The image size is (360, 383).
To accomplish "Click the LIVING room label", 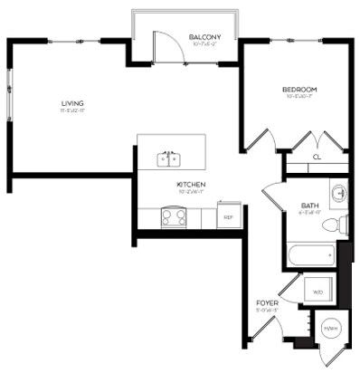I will pos(72,104).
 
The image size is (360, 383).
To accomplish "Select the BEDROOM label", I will pos(298,89).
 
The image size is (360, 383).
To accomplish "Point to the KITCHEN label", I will pos(191,184).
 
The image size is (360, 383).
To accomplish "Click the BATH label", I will pos(308,206).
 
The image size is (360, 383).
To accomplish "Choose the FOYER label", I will pos(266,302).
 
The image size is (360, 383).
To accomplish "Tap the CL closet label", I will pos(317,157).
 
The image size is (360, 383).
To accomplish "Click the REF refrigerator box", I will pos(228,216).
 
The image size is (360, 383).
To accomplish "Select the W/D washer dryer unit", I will pos(318,292).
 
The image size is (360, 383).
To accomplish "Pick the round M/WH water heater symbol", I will pos(331,327).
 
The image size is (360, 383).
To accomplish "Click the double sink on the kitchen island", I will pos(169,159).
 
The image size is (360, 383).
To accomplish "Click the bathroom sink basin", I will pos(338,193).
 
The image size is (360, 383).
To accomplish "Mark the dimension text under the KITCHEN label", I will pos(191,192).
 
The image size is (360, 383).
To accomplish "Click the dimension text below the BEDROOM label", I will pos(298,97).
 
